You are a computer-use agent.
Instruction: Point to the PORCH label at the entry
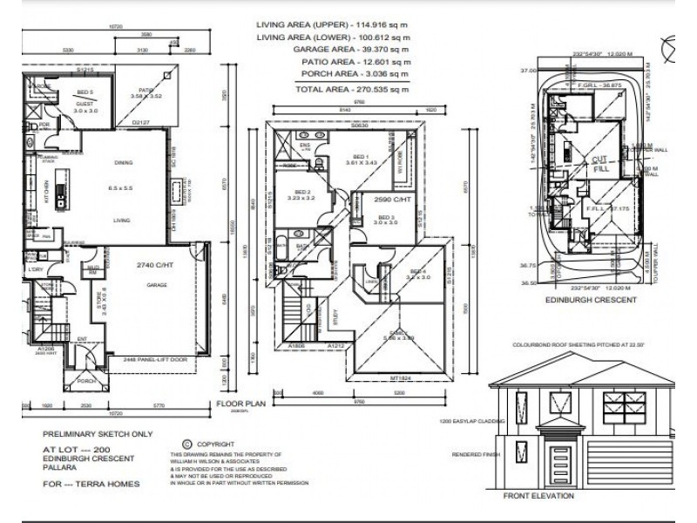click(x=85, y=380)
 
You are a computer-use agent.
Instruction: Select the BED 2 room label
click(x=301, y=194)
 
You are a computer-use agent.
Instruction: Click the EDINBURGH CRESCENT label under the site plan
click(x=586, y=299)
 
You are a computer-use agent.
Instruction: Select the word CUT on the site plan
click(x=599, y=160)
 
